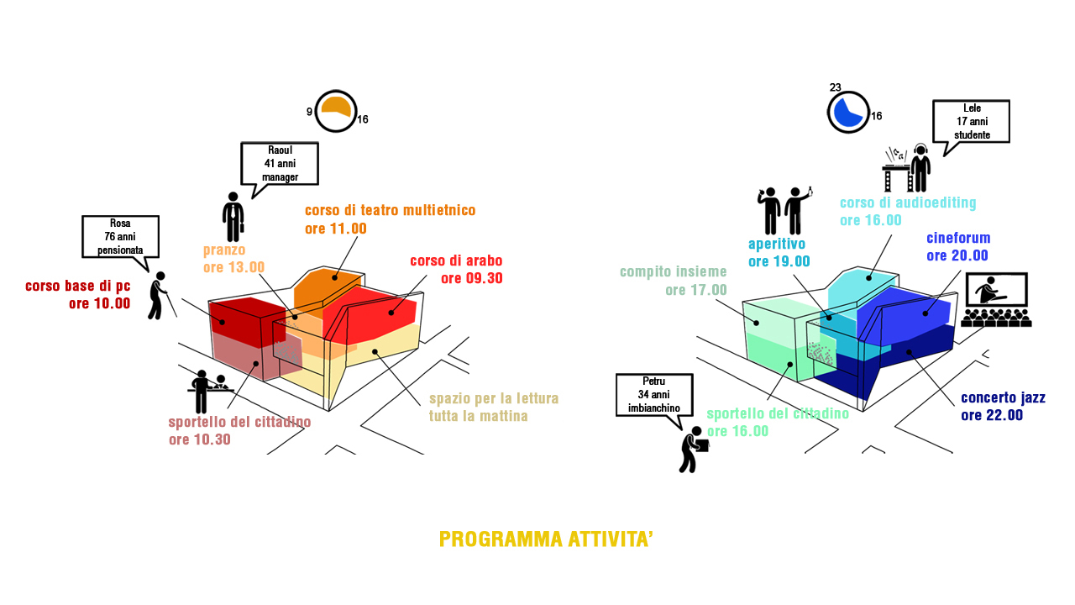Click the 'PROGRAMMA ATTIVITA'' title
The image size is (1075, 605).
546,539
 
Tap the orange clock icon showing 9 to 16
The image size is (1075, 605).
336,111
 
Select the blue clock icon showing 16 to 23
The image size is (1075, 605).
848,112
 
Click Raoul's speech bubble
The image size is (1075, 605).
280,165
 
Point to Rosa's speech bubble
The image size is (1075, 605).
120,237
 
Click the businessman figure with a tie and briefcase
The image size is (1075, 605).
233,217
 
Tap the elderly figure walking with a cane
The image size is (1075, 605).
159,296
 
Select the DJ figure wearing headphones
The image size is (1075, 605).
920,167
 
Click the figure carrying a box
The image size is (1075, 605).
693,450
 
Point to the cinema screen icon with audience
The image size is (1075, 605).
996,300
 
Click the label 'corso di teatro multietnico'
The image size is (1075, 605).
391,210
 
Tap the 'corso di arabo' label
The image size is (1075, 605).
456,260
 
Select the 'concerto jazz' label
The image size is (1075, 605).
1003,397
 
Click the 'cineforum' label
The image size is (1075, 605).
958,238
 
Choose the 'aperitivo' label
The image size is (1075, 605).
777,244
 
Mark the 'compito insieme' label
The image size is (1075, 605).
674,271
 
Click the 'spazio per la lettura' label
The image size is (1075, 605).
494,398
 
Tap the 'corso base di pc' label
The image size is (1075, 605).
78,286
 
